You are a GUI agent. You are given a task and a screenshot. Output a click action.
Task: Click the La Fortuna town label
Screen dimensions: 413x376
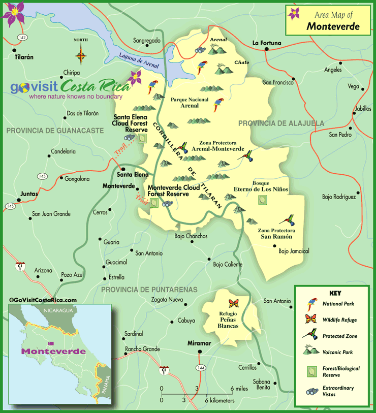coord(267,43)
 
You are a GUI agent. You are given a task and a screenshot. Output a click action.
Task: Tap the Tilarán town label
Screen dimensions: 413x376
coord(24,57)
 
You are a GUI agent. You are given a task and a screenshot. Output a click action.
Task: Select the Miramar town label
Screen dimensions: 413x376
coord(199,343)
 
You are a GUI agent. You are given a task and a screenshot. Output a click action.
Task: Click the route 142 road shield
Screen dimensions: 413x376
coord(21,37)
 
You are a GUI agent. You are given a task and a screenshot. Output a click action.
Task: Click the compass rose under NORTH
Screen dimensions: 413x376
coord(80,53)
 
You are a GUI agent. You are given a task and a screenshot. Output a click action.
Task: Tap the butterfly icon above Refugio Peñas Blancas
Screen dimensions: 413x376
coord(234,304)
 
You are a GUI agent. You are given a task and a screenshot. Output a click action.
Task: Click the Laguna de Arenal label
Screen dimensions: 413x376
coord(138,60)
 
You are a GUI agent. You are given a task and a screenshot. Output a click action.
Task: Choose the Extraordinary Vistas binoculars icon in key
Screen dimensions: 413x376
coord(309,391)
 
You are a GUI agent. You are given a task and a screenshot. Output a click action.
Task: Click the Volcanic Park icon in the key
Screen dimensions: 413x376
coord(309,350)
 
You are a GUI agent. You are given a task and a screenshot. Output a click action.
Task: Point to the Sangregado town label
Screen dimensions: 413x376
coord(146,40)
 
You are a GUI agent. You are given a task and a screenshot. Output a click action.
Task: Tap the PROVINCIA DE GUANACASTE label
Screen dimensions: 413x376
coord(55,131)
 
